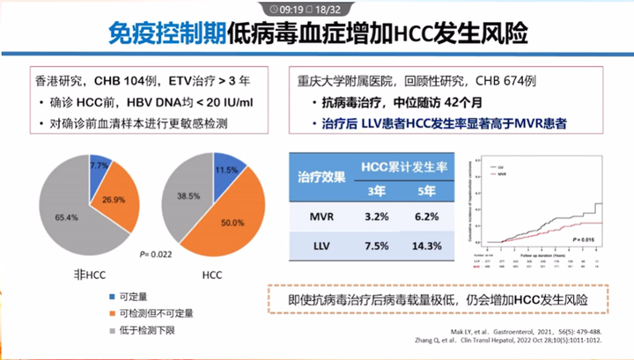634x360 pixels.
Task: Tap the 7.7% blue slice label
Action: (x=99, y=165)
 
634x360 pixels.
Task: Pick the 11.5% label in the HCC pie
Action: (x=226, y=169)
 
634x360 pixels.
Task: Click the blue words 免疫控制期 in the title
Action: (x=166, y=34)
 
